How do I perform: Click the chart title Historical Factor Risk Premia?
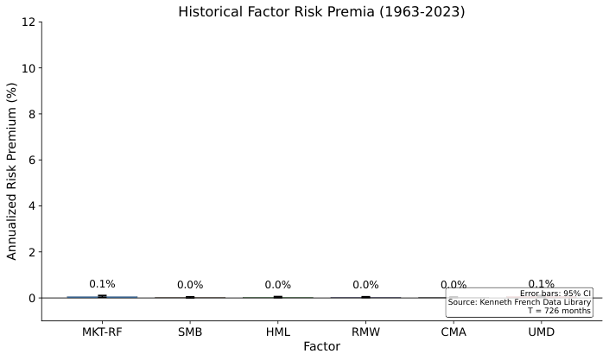coord(321,11)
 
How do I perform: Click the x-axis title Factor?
coord(321,347)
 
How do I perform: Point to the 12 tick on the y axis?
coord(30,22)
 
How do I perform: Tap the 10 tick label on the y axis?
coord(30,68)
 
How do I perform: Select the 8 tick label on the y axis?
coord(33,114)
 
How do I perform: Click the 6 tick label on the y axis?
coord(33,160)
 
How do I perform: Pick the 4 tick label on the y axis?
coord(33,205)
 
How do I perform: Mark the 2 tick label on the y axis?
coord(33,252)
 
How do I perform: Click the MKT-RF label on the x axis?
coord(102,332)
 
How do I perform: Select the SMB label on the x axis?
coord(190,332)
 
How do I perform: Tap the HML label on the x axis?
coord(278,332)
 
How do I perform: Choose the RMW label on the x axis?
coord(365,332)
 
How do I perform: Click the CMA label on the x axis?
coord(454,332)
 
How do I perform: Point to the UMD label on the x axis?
coord(542,332)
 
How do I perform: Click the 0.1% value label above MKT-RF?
coord(102,284)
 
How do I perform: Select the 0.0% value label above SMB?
coord(190,285)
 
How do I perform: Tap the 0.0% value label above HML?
coord(278,285)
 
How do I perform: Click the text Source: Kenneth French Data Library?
coord(519,302)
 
